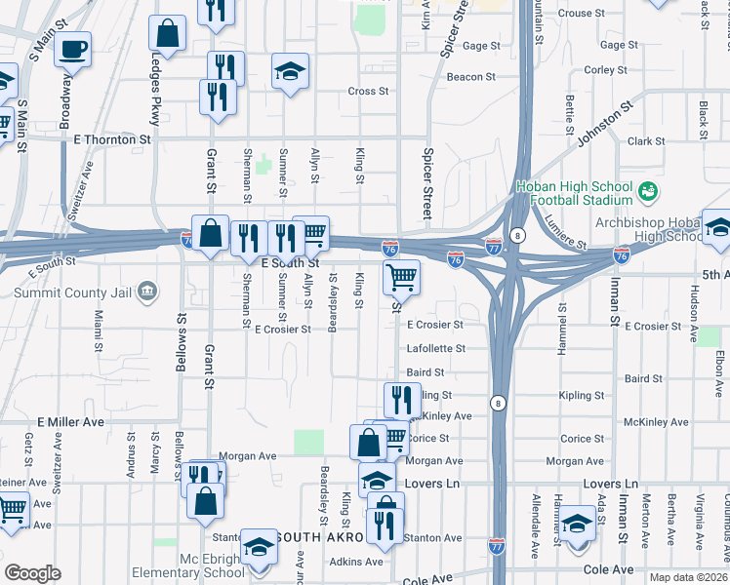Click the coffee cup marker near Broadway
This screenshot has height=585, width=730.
(x=73, y=48)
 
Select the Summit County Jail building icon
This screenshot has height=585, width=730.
(x=147, y=291)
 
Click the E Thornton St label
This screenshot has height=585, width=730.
(x=112, y=140)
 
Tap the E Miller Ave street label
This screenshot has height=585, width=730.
(x=70, y=422)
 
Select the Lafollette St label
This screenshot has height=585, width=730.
(x=435, y=348)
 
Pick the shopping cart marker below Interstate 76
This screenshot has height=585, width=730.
(x=402, y=278)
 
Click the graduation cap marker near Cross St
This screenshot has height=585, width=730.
(x=290, y=71)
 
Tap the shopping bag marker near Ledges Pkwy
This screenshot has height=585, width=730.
(x=168, y=33)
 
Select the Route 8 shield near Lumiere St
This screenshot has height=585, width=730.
(x=516, y=236)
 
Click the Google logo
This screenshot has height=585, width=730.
(x=32, y=573)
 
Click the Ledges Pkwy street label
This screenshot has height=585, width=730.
(x=154, y=97)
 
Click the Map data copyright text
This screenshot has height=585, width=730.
(x=689, y=577)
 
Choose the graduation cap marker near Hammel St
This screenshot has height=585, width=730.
(x=578, y=524)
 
